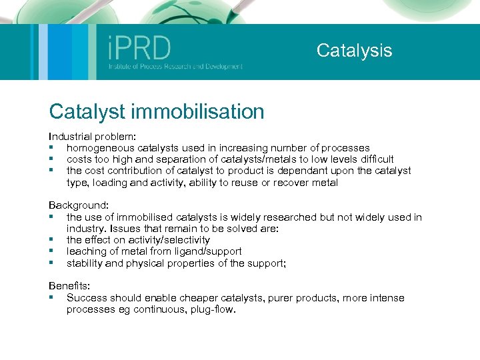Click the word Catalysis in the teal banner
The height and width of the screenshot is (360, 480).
354,51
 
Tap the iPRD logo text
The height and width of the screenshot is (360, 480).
139,48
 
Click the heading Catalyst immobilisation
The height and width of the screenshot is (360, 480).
157,111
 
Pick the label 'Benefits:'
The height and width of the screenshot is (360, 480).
68,287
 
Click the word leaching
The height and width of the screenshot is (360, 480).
88,251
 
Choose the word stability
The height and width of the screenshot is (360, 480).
85,263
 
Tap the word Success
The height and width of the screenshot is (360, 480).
87,298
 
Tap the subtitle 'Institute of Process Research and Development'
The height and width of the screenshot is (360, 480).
175,67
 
